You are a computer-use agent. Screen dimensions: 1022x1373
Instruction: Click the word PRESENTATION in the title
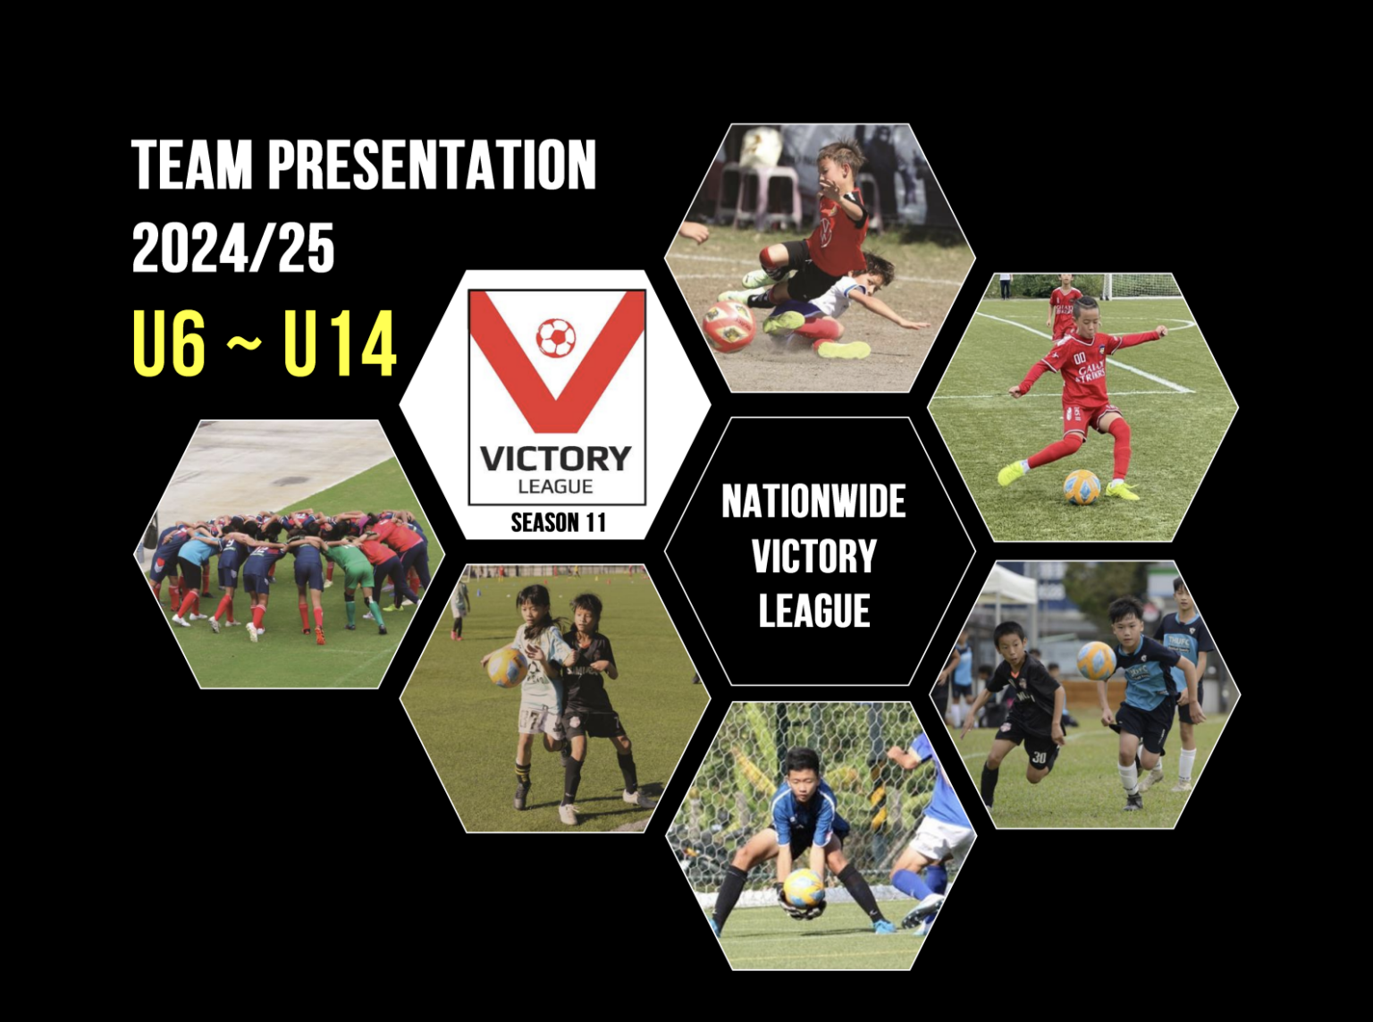[x=432, y=165]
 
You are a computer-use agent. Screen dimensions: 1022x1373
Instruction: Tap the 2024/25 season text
[x=233, y=249]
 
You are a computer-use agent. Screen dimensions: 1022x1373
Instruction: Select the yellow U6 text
[x=169, y=344]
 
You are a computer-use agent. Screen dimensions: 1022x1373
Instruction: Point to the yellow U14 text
[x=340, y=344]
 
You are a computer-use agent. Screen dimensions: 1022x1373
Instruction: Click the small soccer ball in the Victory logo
[x=556, y=338]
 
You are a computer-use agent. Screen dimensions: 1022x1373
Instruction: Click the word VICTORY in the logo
[x=556, y=459]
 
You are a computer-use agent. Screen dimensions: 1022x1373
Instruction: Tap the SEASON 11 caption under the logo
[x=558, y=522]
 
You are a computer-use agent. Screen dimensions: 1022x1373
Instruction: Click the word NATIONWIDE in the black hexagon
[x=813, y=502]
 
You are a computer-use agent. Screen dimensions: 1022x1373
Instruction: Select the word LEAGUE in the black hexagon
[x=814, y=612]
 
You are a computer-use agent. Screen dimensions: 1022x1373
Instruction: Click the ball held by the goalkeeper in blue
[x=804, y=888]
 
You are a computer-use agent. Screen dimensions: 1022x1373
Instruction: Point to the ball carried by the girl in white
[x=506, y=667]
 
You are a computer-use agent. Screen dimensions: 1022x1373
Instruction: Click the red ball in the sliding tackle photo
[x=729, y=325]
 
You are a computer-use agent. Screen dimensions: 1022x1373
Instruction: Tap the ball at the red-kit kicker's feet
[x=1081, y=487]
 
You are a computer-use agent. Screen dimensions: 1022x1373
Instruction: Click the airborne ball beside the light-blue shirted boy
[x=1096, y=661]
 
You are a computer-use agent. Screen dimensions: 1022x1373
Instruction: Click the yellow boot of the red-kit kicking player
[x=1011, y=472]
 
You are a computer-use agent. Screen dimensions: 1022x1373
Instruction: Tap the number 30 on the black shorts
[x=1038, y=756]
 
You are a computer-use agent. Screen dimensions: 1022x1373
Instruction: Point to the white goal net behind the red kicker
[x=1136, y=286]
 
